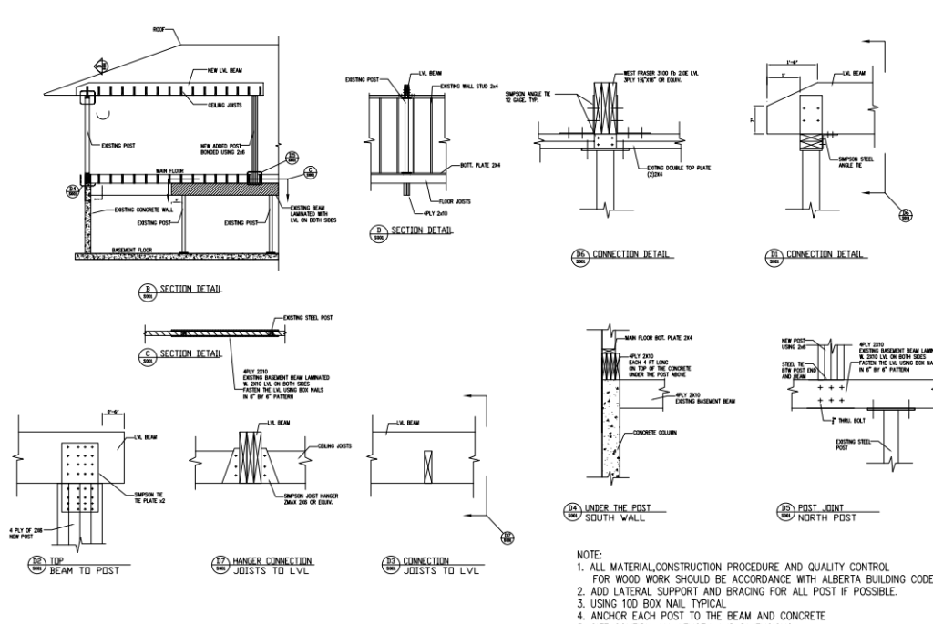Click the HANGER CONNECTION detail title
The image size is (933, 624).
pos(273,559)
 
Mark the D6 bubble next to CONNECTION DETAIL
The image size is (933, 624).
pos(576,255)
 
